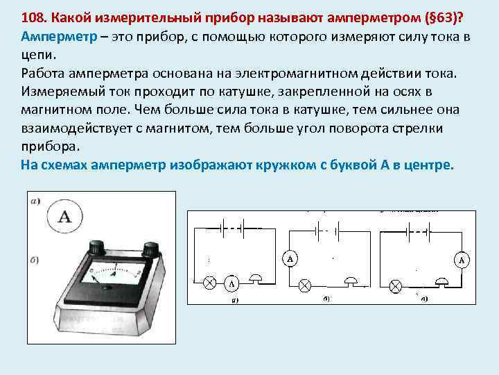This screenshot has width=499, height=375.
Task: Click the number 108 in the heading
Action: coord(33,17)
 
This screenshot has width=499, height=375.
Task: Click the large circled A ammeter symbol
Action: coord(66,215)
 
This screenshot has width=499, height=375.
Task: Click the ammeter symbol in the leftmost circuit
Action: coord(231,284)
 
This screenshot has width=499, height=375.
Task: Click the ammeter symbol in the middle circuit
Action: coord(290,258)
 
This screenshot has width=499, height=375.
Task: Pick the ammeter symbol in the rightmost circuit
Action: coord(462,260)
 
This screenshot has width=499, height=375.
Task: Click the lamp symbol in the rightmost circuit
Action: coord(396,285)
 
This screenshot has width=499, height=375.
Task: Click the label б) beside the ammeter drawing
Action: coord(35,259)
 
